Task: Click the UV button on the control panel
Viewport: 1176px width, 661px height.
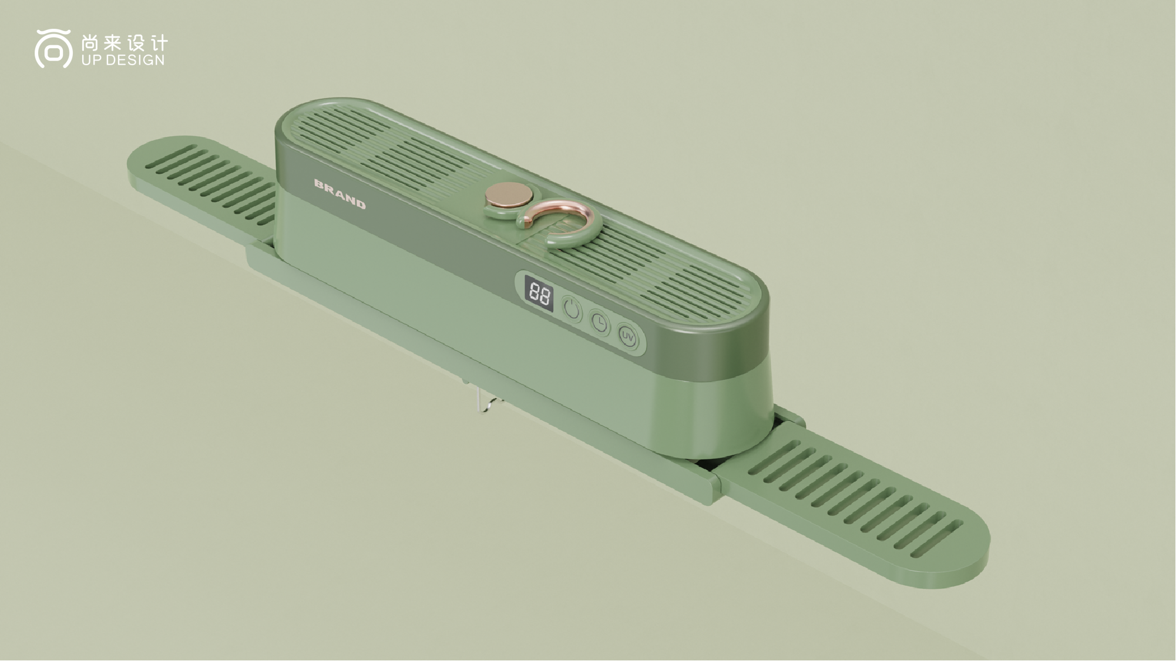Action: [628, 337]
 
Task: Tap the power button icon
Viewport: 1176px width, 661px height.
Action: [572, 309]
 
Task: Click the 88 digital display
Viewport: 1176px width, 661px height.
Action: [539, 292]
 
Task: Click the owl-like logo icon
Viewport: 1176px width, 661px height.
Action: [53, 49]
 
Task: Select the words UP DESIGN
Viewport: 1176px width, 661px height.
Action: [123, 60]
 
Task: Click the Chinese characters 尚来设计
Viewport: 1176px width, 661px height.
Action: [125, 43]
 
